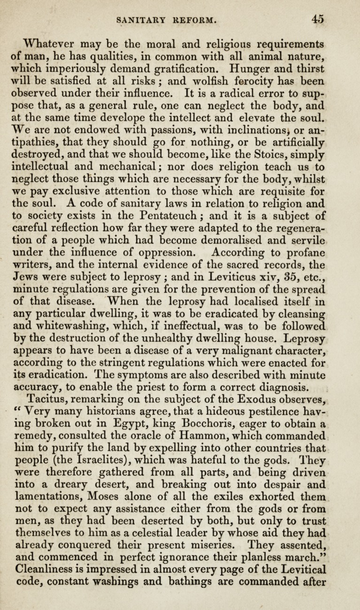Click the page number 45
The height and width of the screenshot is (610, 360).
317,19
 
